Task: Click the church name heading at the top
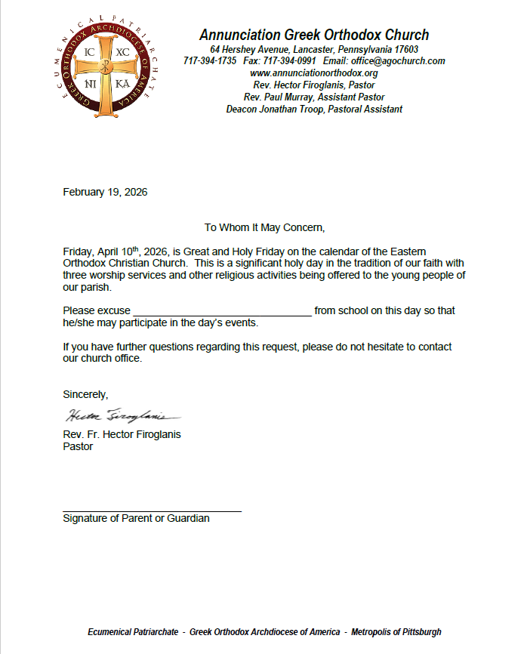tap(314, 35)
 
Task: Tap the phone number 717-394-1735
tap(210, 61)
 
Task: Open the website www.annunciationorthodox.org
tap(314, 73)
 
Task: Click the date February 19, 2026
tap(105, 192)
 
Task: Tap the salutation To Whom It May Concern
tap(264, 227)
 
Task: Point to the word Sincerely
tap(85, 394)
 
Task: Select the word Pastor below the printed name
tap(78, 446)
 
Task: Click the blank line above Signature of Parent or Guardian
tap(152, 511)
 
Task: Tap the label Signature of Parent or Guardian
tap(136, 519)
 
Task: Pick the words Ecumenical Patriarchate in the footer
tap(133, 631)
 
